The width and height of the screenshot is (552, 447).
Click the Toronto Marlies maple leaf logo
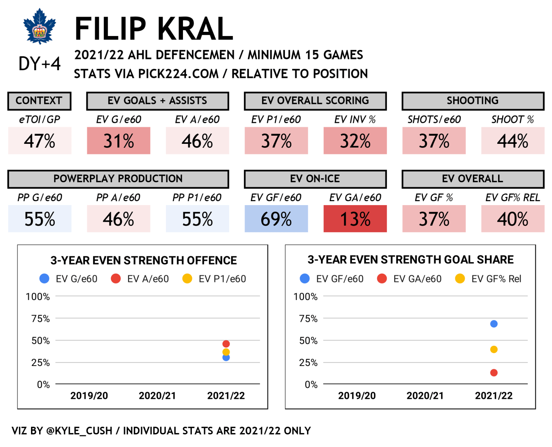pyautogui.click(x=40, y=26)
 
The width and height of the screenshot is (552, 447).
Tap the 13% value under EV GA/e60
pyautogui.click(x=355, y=219)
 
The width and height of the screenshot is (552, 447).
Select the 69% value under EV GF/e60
pyautogui.click(x=276, y=219)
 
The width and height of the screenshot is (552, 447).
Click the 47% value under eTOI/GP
pyautogui.click(x=40, y=141)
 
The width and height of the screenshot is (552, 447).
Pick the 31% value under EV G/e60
pyautogui.click(x=119, y=141)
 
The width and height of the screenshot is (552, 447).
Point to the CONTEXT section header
pyautogui.click(x=39, y=101)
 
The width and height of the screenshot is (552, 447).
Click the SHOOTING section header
pyautogui.click(x=473, y=101)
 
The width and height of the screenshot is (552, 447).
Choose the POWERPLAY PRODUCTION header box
pyautogui.click(x=118, y=179)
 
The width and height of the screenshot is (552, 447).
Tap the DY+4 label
pyautogui.click(x=40, y=64)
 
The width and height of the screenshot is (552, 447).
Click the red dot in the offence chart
pyautogui.click(x=226, y=344)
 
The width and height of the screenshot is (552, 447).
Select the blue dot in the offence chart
pyautogui.click(x=226, y=357)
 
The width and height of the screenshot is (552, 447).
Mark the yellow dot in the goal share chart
pyautogui.click(x=494, y=349)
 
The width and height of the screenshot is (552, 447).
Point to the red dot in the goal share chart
pyautogui.click(x=494, y=373)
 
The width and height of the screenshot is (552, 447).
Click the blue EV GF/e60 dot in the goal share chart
pyautogui.click(x=494, y=324)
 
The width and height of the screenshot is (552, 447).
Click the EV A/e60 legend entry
pyautogui.click(x=140, y=279)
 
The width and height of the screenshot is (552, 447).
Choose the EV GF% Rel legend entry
pyautogui.click(x=488, y=279)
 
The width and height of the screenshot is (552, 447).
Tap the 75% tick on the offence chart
pyautogui.click(x=41, y=319)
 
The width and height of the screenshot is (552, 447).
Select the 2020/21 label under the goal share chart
pyautogui.click(x=425, y=396)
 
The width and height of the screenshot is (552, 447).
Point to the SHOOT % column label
pyautogui.click(x=512, y=120)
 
